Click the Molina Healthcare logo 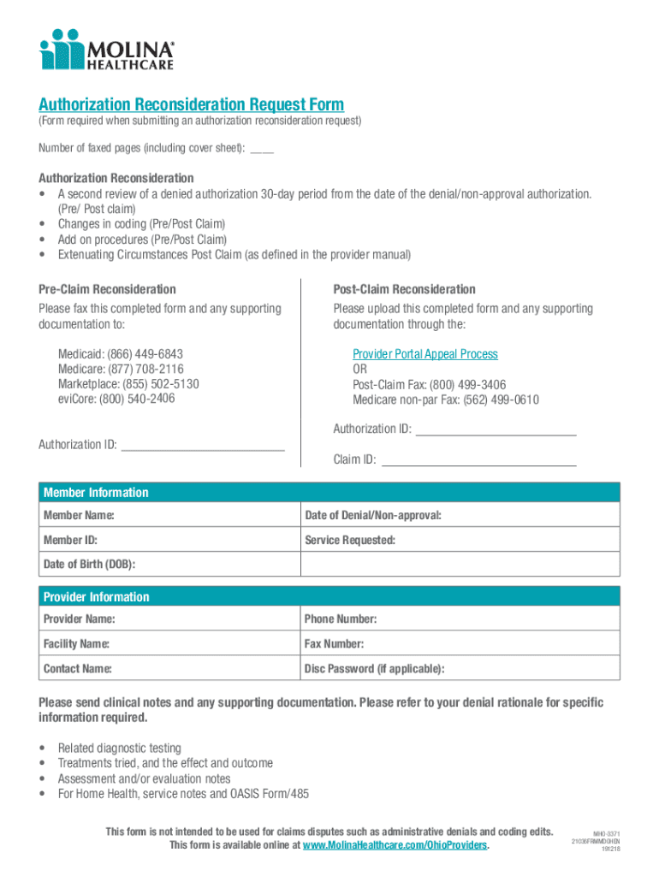[106, 49]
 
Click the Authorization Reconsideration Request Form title [191, 104]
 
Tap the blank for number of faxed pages [262, 149]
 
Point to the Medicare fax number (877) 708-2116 [145, 370]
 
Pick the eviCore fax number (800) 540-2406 [139, 399]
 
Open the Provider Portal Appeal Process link [424, 354]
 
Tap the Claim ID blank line [478, 461]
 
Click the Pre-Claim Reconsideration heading [107, 289]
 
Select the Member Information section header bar [329, 492]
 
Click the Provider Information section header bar [329, 596]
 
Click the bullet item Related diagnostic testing [119, 749]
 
